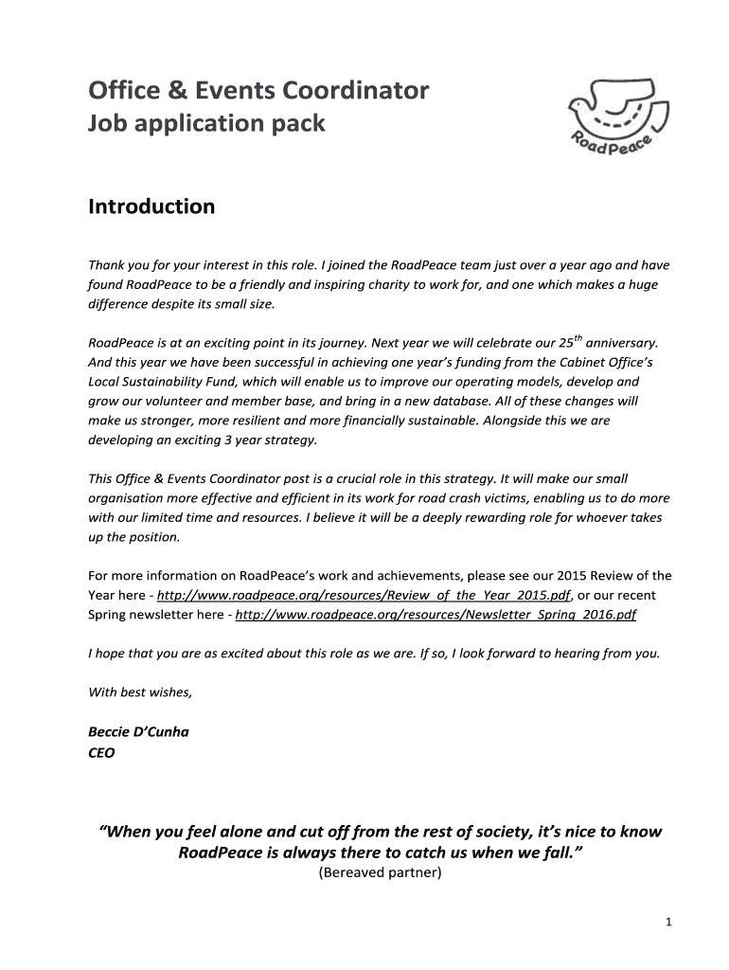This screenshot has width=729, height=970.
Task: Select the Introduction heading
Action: coord(151,206)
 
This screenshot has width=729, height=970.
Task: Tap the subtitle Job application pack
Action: coord(206,123)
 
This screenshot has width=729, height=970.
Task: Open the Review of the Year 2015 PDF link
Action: coord(364,595)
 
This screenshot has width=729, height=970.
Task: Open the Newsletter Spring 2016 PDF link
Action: coord(436,615)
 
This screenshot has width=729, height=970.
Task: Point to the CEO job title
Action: coord(101,753)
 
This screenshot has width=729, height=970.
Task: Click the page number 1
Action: coord(667,924)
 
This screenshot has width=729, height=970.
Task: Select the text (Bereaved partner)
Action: coord(378,872)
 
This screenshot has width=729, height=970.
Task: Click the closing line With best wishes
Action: coord(140,692)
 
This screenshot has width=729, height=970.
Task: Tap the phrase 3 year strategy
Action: coord(274,440)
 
